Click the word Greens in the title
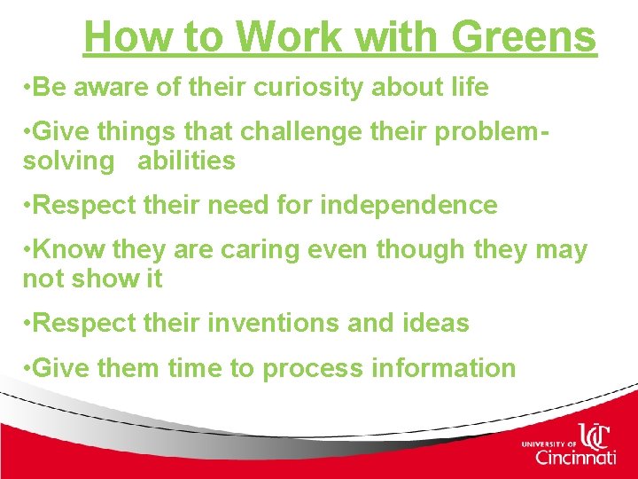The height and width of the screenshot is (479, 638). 524,37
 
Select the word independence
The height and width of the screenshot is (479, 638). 408,205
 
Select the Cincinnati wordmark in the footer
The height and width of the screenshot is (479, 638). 575,458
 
